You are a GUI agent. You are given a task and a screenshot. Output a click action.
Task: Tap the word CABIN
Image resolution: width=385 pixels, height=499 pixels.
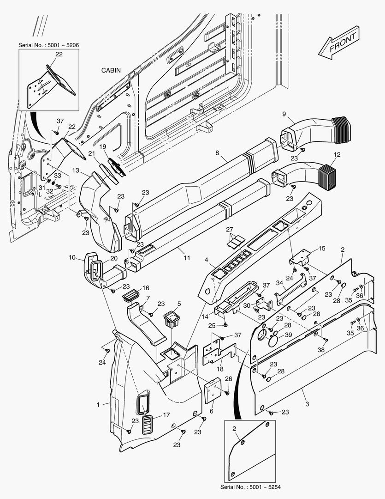[x=111, y=71]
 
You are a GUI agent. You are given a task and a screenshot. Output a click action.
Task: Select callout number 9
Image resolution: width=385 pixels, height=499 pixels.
[x=284, y=114]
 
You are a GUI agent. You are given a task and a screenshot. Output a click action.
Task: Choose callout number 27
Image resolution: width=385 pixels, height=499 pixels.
[x=229, y=230]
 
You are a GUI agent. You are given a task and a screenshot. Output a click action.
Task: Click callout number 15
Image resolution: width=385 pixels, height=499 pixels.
[x=322, y=249]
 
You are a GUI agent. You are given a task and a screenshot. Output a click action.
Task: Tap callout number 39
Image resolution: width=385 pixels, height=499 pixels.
[x=288, y=335]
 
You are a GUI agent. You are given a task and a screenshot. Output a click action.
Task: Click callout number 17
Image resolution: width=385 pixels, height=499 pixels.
[x=166, y=415]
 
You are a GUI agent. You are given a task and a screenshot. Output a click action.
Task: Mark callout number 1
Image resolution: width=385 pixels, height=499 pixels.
[x=98, y=404]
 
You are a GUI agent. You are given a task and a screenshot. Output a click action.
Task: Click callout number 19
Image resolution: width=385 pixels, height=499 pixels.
[x=103, y=146]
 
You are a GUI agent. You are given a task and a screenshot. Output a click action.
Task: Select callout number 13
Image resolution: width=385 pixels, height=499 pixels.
[x=76, y=171]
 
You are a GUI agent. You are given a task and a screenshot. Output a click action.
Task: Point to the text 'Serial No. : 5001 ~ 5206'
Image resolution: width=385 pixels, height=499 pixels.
[x=48, y=45]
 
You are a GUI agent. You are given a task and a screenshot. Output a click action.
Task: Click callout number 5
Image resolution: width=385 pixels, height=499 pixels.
[x=179, y=304]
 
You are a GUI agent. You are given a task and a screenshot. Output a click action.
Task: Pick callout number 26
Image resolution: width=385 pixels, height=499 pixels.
[x=228, y=379]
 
